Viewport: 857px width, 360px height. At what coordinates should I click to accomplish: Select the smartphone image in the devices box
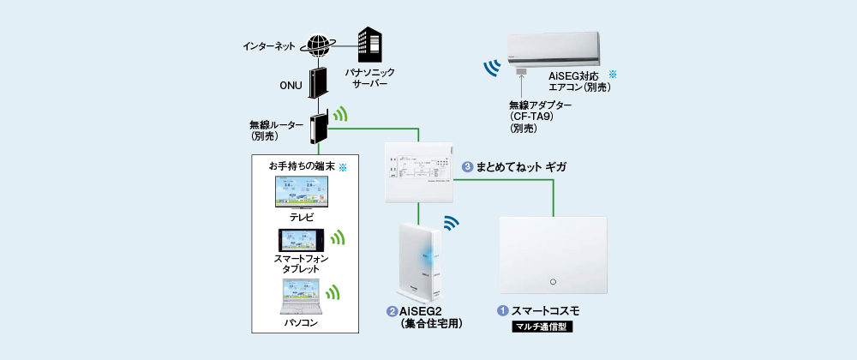click(x=299, y=239)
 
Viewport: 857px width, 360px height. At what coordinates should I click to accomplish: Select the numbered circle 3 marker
click(x=467, y=167)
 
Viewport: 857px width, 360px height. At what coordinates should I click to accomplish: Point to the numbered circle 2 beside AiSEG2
click(x=392, y=310)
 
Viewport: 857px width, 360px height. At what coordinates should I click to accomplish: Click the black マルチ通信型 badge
click(x=542, y=327)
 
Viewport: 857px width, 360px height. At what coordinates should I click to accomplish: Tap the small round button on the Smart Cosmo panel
click(x=552, y=281)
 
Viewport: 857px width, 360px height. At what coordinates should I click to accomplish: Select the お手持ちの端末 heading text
click(x=301, y=165)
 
